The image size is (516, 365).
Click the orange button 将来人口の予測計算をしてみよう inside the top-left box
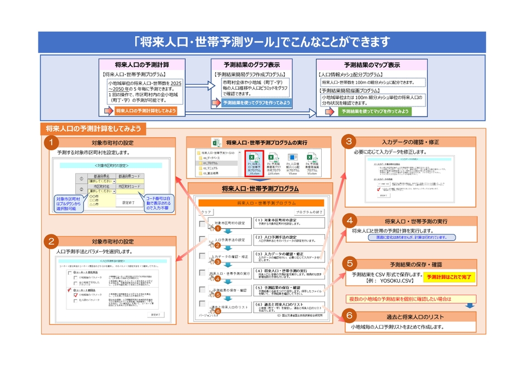tap(145, 111)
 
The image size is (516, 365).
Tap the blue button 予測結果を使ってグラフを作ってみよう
tap(256, 103)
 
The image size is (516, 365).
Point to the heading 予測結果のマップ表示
tap(371, 64)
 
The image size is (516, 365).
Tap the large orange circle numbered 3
tap(349, 142)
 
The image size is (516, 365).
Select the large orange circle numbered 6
tap(349, 317)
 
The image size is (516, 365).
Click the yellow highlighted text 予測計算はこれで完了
tap(448, 277)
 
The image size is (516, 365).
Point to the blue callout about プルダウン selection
tap(69, 202)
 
